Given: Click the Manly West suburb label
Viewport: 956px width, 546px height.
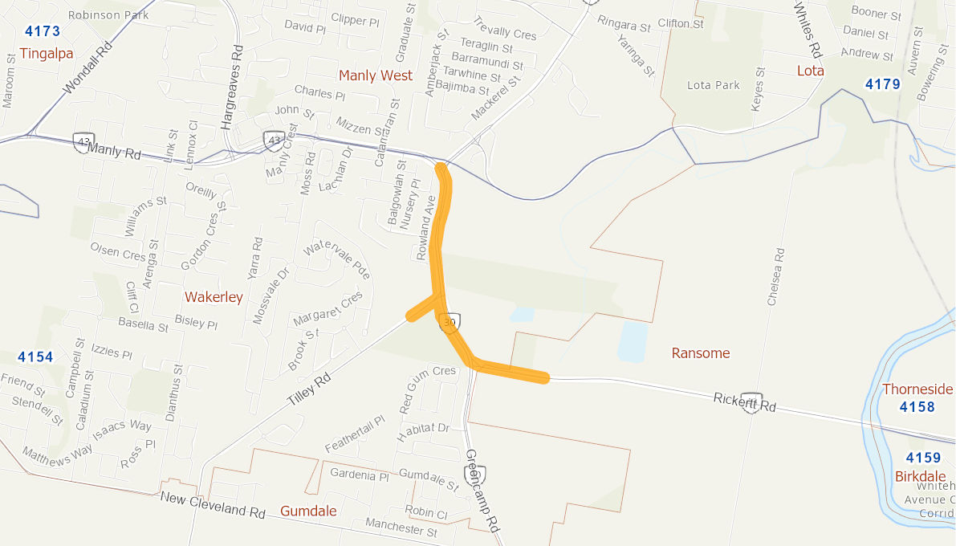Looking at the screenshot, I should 375,75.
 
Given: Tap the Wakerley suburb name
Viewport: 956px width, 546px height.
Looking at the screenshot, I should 214,297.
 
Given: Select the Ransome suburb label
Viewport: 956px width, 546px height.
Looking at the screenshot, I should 701,353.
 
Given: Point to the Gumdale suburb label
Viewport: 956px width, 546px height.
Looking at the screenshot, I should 308,511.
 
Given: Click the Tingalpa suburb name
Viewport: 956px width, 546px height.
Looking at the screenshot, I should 47,54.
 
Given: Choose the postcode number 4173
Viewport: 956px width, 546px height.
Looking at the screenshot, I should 43,32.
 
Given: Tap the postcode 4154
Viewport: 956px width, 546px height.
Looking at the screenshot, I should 35,357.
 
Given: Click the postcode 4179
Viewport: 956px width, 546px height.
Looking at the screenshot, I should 882,84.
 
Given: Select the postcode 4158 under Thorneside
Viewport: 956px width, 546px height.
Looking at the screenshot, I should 917,407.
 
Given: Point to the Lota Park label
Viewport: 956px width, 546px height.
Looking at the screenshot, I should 714,85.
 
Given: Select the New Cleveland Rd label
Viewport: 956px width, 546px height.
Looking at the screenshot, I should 213,505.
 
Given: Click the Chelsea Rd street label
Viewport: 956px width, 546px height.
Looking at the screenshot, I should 775,277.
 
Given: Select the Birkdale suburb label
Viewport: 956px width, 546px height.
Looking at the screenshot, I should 921,476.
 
